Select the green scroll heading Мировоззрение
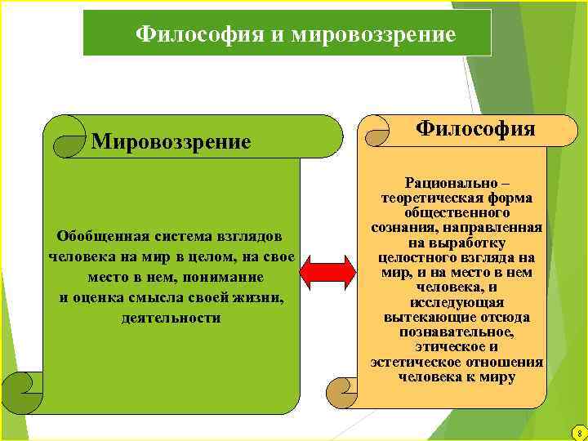click(171, 142)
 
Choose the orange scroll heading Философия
click(475, 128)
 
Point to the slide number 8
click(578, 432)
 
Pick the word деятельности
click(170, 318)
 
